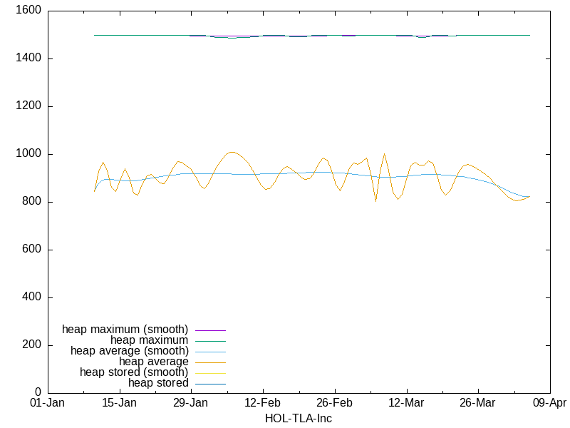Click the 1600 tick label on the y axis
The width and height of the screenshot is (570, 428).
click(x=28, y=11)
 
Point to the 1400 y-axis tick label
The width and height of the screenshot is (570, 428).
click(x=28, y=58)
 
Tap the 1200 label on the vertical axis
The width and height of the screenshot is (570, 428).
click(x=28, y=106)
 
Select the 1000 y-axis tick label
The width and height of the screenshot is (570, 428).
click(x=28, y=154)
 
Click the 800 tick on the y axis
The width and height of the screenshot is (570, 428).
click(x=31, y=202)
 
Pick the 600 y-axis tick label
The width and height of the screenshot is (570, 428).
click(x=31, y=250)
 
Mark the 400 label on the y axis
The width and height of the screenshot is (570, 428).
click(x=31, y=297)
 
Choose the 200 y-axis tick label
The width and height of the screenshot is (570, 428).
click(x=31, y=345)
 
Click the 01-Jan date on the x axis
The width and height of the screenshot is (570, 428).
click(x=48, y=403)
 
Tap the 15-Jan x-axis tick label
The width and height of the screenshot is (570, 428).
click(x=119, y=403)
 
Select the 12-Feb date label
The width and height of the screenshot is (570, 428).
click(x=263, y=403)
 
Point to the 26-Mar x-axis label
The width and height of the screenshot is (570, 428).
click(x=477, y=403)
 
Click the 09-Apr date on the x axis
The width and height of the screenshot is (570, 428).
click(x=549, y=403)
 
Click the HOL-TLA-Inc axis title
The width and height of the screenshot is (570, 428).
click(x=298, y=418)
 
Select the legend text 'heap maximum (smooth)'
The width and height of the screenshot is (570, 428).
click(x=125, y=330)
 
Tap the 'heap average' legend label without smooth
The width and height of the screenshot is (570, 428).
click(x=154, y=362)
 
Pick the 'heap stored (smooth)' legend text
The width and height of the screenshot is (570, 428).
click(x=134, y=372)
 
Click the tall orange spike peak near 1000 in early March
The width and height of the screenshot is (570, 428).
click(x=385, y=154)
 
